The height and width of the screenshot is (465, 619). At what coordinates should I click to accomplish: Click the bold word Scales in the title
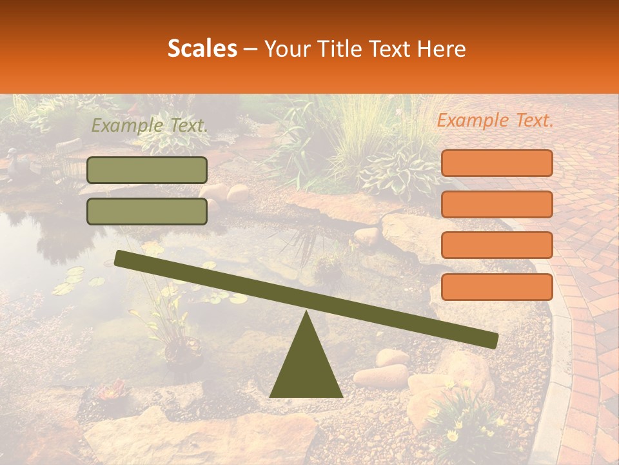(x=202, y=48)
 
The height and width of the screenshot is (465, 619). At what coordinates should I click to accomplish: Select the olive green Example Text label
(x=149, y=126)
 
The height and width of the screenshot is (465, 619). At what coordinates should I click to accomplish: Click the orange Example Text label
(x=495, y=120)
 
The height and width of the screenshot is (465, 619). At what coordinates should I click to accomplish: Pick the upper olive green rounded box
(x=147, y=170)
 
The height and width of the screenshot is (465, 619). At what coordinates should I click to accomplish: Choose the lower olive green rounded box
(x=147, y=211)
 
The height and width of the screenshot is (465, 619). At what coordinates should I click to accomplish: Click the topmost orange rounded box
(x=496, y=163)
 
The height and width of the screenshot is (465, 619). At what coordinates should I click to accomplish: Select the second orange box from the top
(x=496, y=204)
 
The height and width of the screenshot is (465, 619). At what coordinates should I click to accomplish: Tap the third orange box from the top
(x=496, y=245)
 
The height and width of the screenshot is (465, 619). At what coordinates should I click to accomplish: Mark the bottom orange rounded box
(x=496, y=287)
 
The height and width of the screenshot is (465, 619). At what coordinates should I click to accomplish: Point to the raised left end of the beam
(x=120, y=258)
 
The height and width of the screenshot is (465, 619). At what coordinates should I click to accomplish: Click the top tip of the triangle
(x=306, y=312)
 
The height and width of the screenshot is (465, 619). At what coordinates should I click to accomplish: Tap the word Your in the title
(x=285, y=48)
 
